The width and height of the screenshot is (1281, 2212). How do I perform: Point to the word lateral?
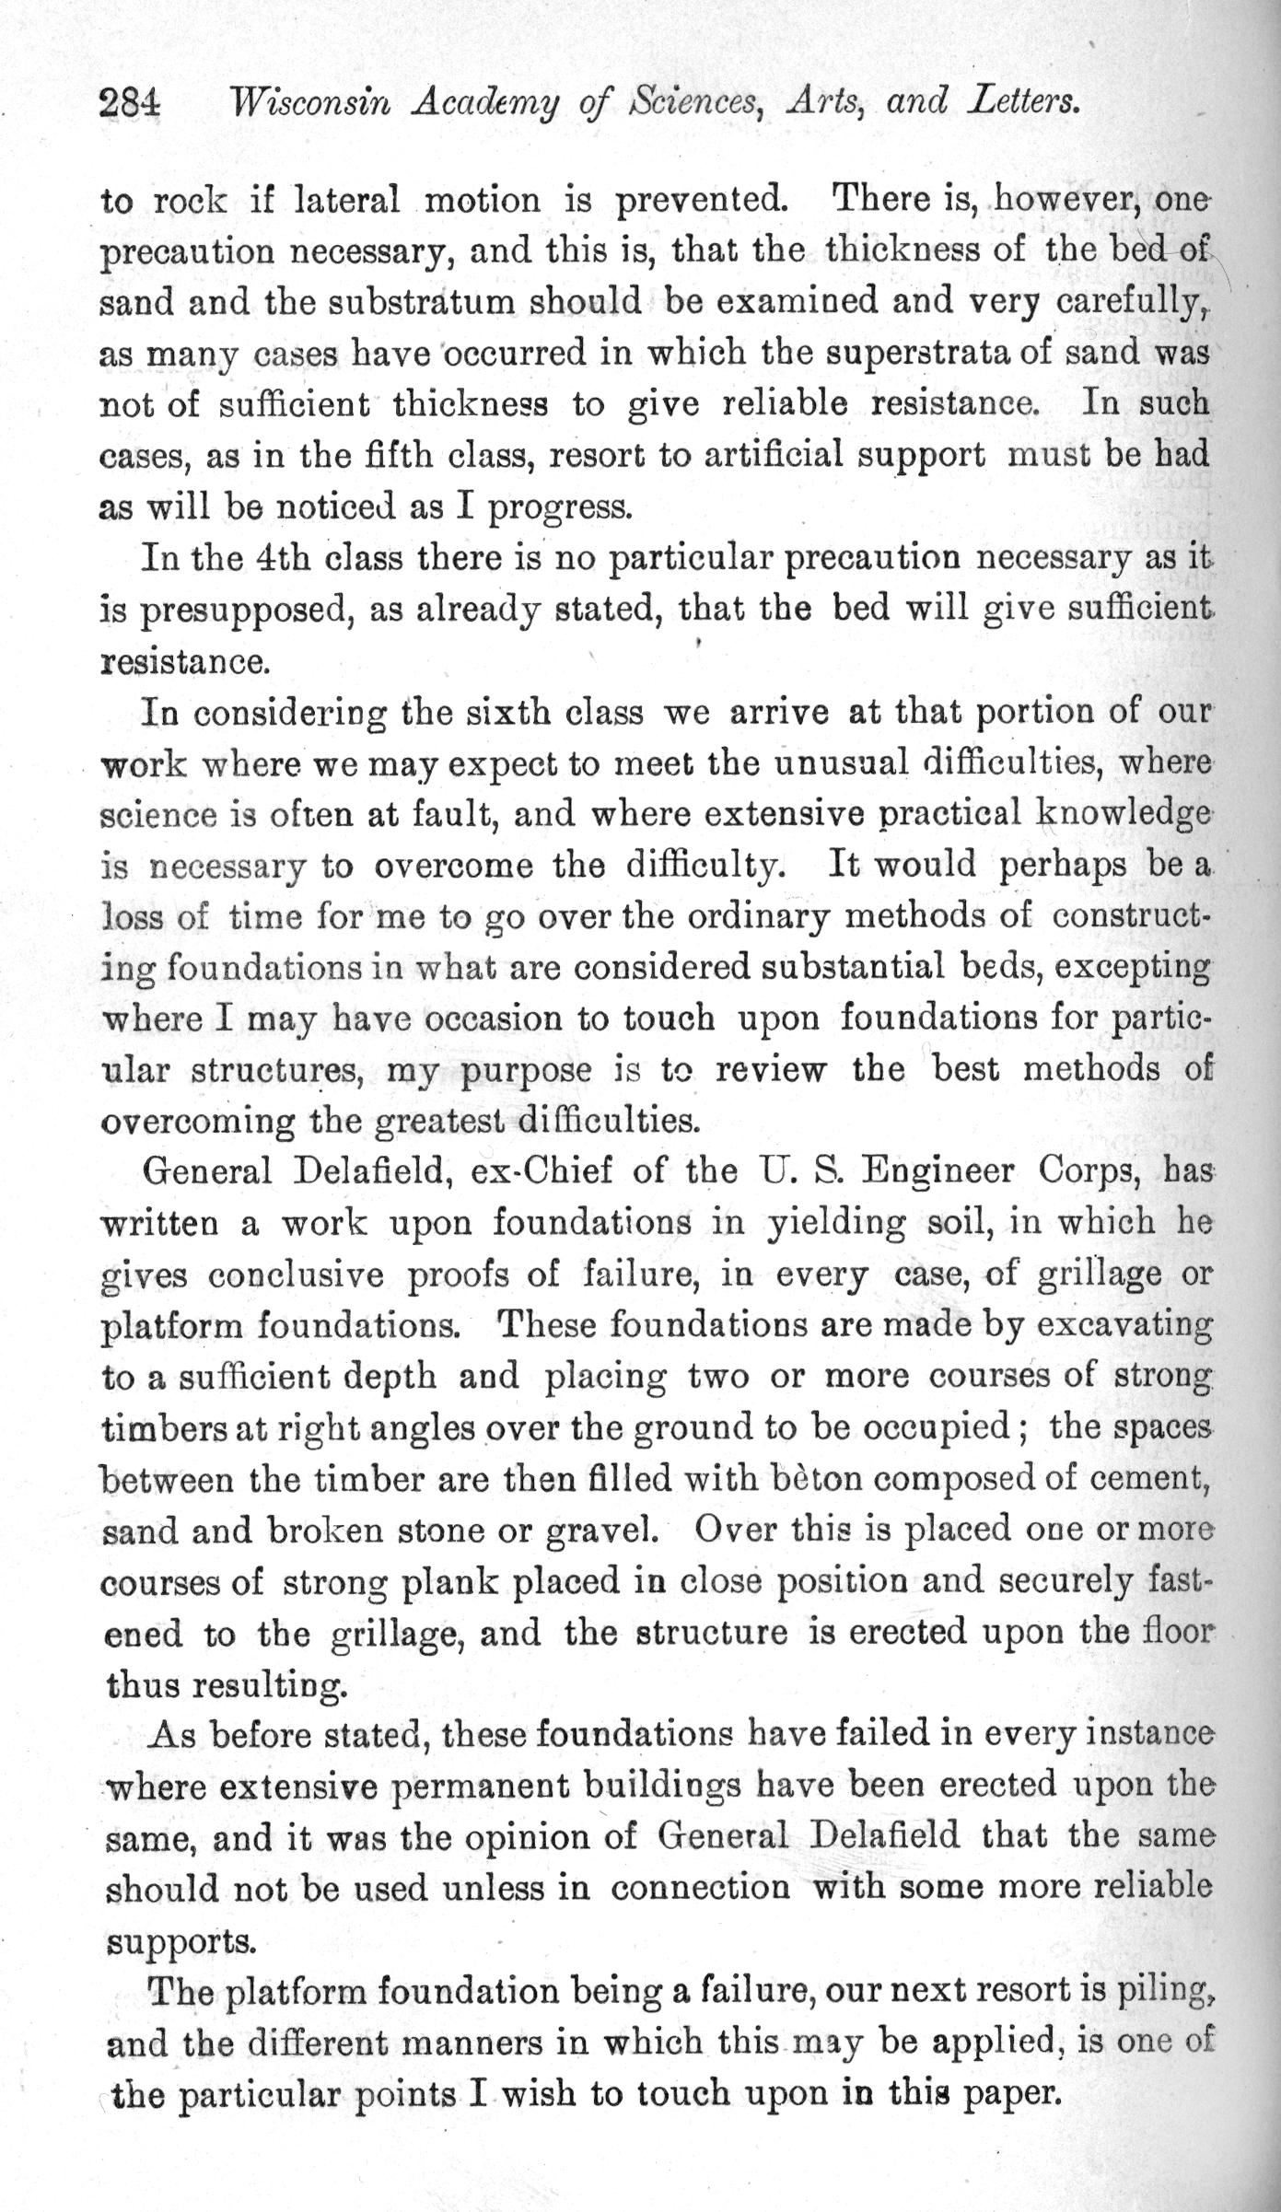[x=346, y=200]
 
